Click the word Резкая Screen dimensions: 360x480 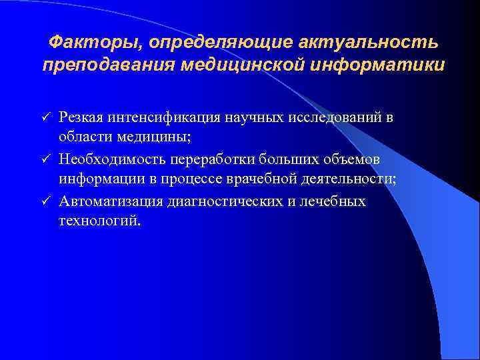pyautogui.click(x=79, y=118)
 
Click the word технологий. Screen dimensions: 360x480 pyautogui.click(x=100, y=222)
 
